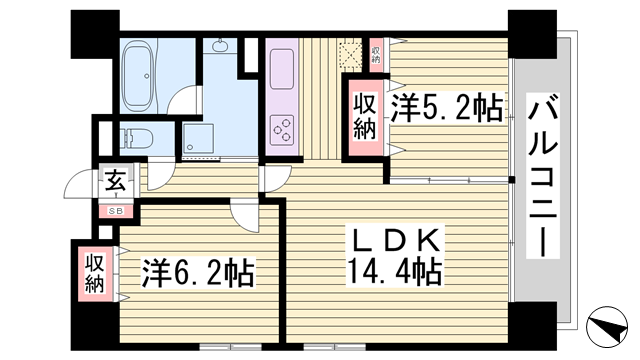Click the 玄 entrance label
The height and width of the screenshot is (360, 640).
(115, 182)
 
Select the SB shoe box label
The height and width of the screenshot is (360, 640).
(116, 210)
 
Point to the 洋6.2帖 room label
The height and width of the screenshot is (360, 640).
(194, 271)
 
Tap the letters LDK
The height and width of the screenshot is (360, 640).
(393, 241)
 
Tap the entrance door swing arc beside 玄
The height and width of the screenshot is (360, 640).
(80, 186)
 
